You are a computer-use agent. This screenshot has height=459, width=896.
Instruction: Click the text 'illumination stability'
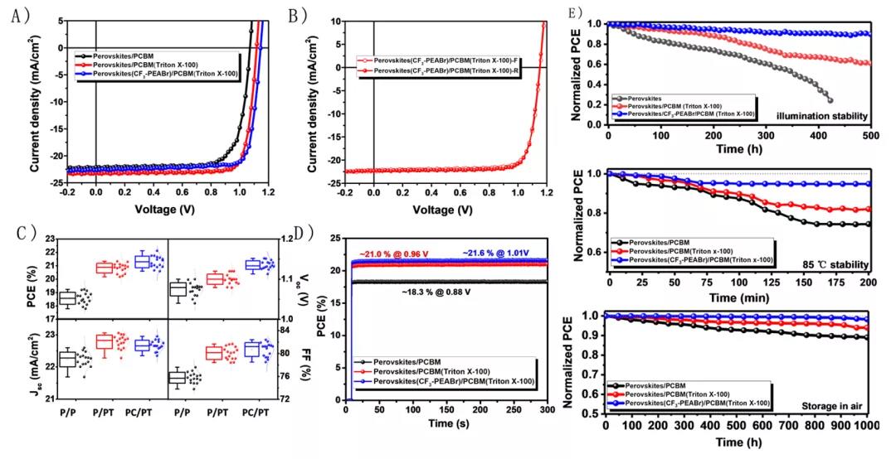[822, 114]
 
